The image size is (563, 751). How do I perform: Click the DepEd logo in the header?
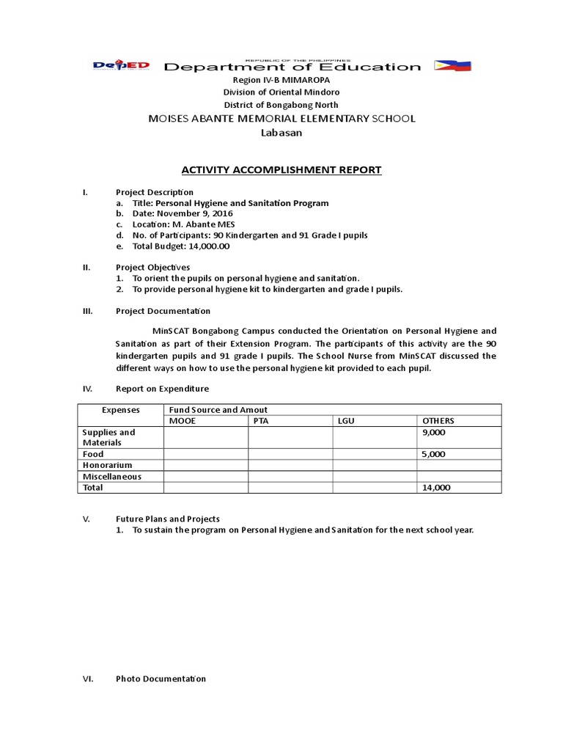click(121, 66)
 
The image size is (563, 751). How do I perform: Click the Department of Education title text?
click(292, 67)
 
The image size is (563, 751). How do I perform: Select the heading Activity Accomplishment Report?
click(281, 170)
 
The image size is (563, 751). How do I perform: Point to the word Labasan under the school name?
click(281, 133)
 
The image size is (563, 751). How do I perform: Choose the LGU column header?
click(346, 421)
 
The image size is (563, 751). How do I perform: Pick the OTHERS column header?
click(438, 421)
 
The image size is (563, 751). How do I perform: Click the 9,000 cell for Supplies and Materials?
click(433, 433)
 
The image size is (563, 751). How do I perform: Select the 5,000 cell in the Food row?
click(433, 455)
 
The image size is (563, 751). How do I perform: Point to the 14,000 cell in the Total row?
click(436, 487)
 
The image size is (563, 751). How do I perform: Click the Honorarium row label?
click(107, 465)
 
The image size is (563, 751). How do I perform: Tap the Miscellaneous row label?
click(111, 476)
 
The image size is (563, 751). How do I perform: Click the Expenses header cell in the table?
click(120, 410)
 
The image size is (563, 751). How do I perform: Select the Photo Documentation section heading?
click(161, 678)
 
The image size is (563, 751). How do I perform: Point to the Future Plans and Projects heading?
click(168, 519)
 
